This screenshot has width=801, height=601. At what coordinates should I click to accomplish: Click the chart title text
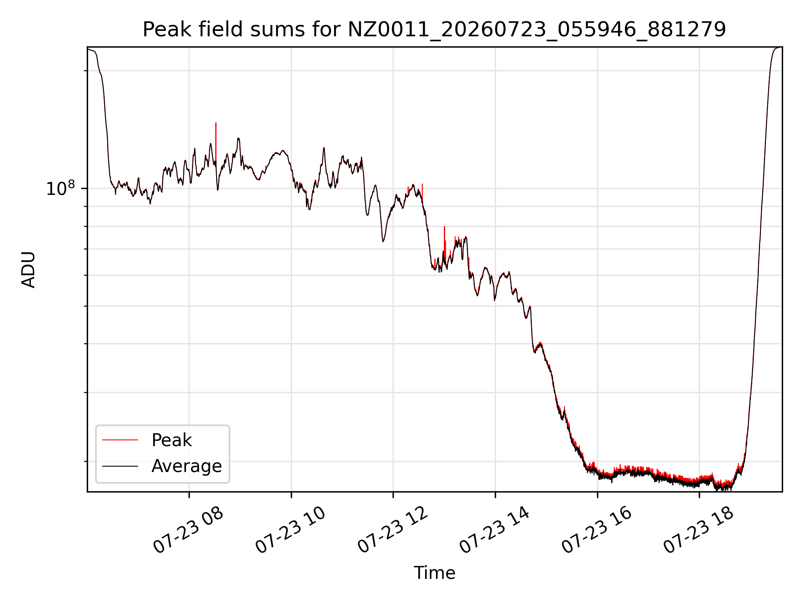click(x=434, y=30)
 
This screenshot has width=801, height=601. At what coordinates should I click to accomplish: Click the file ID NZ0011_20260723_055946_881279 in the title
click(x=537, y=30)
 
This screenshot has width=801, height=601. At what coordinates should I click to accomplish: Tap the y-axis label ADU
click(x=28, y=269)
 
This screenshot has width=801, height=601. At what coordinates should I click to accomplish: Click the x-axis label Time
click(x=434, y=573)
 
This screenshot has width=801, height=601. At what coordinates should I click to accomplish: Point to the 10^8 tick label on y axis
click(x=60, y=188)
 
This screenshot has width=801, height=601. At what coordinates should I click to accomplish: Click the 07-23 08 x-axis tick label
click(x=189, y=530)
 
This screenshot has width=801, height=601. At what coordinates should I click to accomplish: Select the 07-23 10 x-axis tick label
click(x=290, y=530)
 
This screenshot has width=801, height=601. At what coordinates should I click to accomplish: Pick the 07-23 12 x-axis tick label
click(x=393, y=530)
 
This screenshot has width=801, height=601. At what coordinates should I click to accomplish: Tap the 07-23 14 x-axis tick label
click(x=495, y=530)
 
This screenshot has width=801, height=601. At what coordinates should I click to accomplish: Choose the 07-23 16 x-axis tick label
click(x=597, y=530)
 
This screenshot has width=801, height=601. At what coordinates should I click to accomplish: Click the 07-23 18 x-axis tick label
click(x=699, y=530)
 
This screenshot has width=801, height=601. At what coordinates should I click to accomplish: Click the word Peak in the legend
click(x=171, y=440)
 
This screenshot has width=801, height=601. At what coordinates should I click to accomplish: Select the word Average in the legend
click(x=186, y=466)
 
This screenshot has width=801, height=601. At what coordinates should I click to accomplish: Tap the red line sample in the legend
click(x=120, y=440)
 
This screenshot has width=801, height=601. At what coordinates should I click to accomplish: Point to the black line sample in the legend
click(x=120, y=466)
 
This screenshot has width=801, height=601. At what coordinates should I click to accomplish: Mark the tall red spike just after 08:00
click(x=216, y=142)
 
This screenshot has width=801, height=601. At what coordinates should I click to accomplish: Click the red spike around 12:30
click(x=422, y=193)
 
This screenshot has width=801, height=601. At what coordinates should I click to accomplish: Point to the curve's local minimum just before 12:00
click(x=383, y=241)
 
